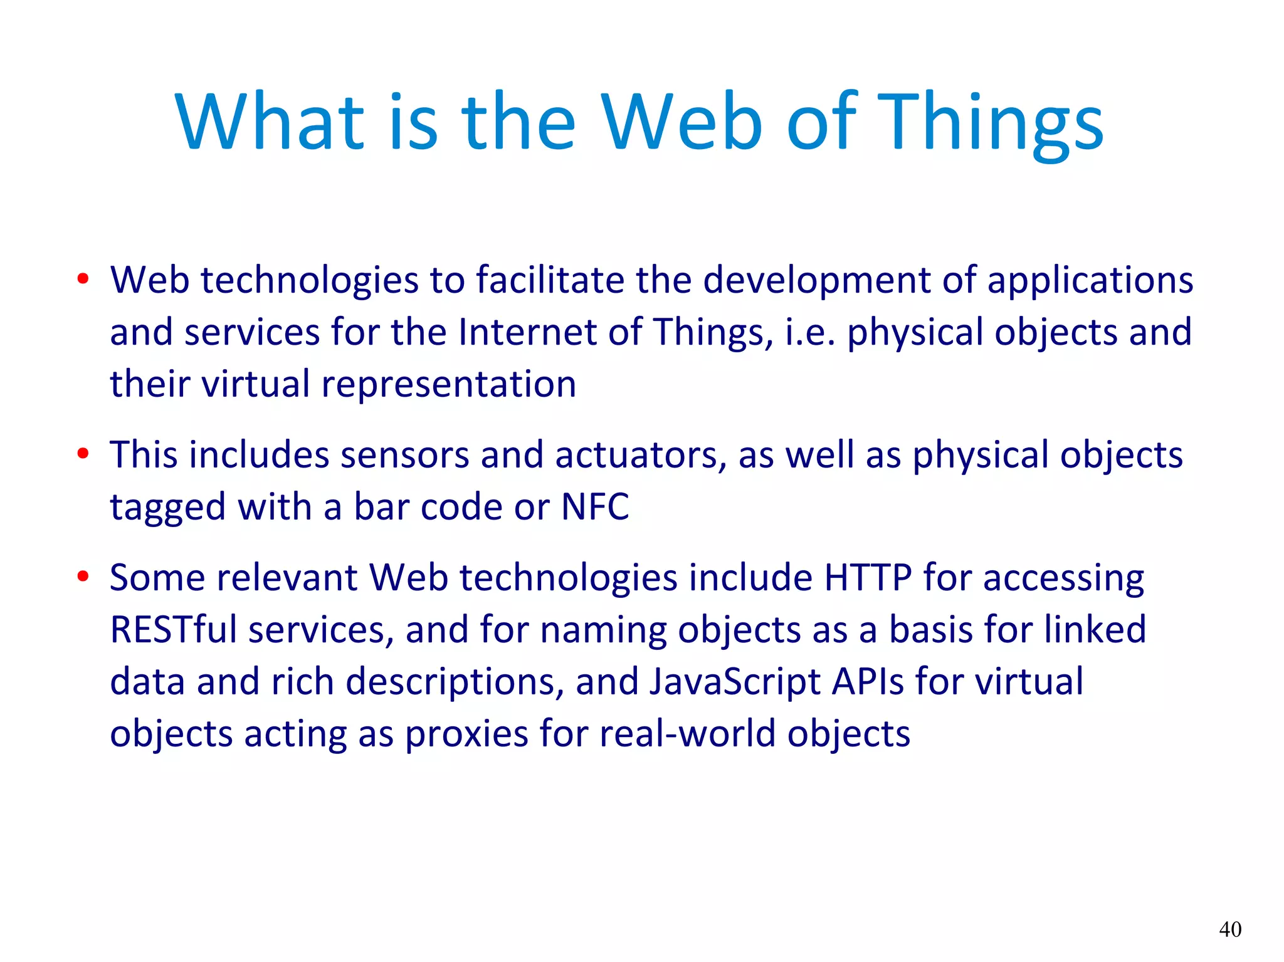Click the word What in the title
tap(270, 122)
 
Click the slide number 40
tap(1230, 929)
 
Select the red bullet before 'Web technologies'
tap(83, 280)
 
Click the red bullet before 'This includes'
tap(83, 454)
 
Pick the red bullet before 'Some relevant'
tap(83, 577)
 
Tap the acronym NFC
tap(595, 506)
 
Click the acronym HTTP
tap(868, 577)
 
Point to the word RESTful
tap(173, 629)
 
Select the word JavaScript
tap(734, 682)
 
